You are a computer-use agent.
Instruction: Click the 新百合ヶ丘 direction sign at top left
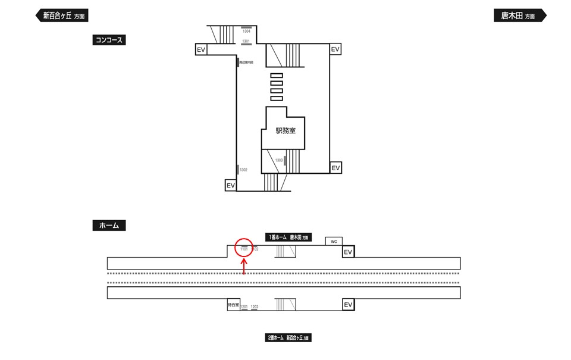tap(62, 16)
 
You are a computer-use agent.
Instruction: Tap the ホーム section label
tap(109, 226)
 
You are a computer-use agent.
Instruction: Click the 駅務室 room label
tap(285, 131)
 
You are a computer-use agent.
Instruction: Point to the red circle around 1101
tap(244, 248)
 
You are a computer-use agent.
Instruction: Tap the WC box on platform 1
tap(334, 241)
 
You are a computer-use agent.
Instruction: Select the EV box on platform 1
tap(348, 252)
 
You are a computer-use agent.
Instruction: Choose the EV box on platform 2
tap(348, 305)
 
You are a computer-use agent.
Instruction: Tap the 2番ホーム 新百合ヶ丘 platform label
tap(288, 338)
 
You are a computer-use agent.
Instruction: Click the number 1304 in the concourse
tap(246, 31)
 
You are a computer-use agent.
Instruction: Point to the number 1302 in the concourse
tap(243, 170)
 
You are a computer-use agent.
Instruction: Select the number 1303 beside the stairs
tap(279, 160)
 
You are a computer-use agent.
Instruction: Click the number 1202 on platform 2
tap(255, 306)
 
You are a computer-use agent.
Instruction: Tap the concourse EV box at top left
tap(201, 50)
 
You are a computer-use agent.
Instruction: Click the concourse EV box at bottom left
tap(231, 186)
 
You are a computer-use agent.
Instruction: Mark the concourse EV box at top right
tap(335, 49)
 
